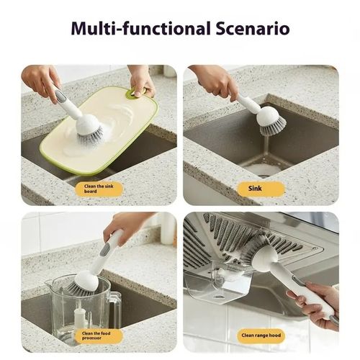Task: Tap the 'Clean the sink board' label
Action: pyautogui.click(x=99, y=189)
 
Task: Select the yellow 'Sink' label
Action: pyautogui.click(x=261, y=189)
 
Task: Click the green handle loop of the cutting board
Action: pyautogui.click(x=134, y=92)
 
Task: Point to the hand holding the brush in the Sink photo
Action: pyautogui.click(x=215, y=81)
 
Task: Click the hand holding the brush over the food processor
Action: pyautogui.click(x=126, y=225)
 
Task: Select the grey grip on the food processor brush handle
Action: pyautogui.click(x=106, y=249)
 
